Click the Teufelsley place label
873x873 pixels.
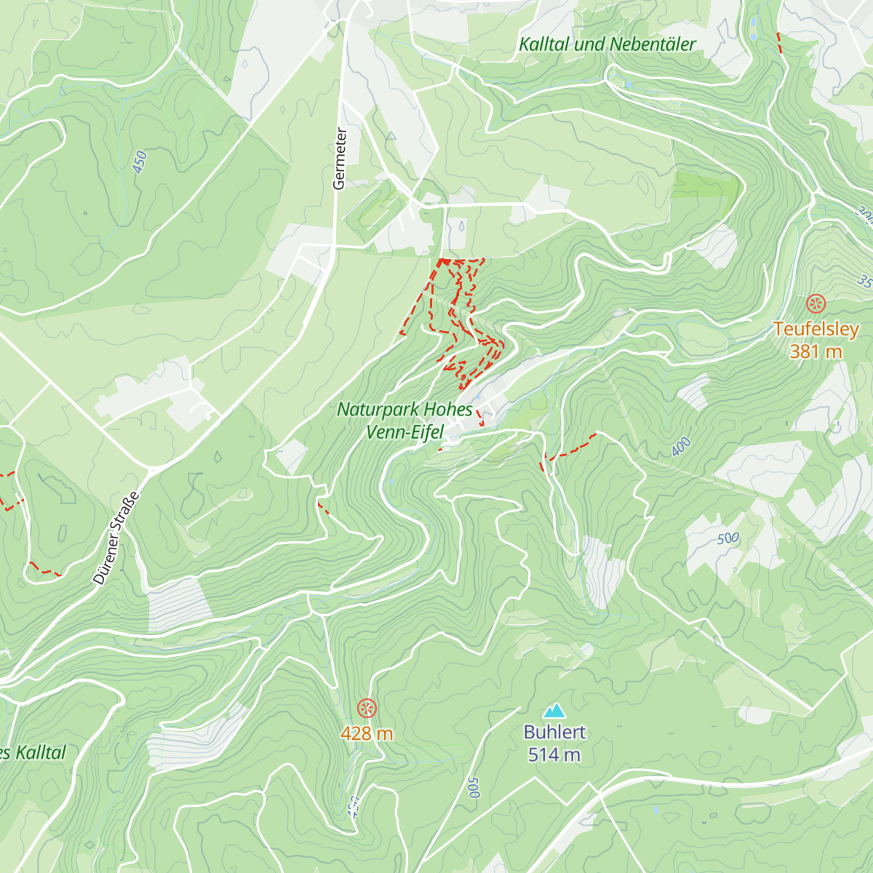(816, 330)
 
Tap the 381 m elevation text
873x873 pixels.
(816, 351)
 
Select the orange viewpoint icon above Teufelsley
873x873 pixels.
(816, 303)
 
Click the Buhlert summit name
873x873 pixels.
(554, 733)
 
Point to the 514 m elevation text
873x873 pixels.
(554, 755)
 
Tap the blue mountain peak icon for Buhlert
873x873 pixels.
(555, 710)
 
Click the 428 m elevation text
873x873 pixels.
(367, 733)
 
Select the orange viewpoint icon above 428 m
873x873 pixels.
(367, 707)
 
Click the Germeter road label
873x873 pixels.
(339, 159)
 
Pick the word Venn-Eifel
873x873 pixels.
(404, 432)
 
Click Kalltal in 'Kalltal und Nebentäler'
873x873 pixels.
(545, 44)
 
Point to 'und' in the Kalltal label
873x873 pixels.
(590, 44)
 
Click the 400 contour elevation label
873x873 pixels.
(681, 447)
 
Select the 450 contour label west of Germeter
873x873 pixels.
(140, 162)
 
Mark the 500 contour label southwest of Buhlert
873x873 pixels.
(474, 787)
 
